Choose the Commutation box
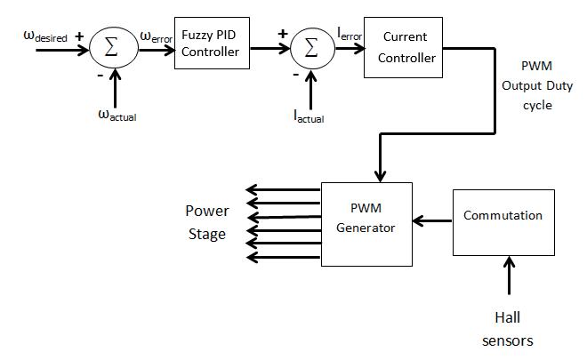pos(503,221)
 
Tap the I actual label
pos(309,114)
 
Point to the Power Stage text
pos(206,223)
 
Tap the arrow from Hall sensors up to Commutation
pos(510,276)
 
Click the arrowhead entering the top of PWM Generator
pos(380,172)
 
